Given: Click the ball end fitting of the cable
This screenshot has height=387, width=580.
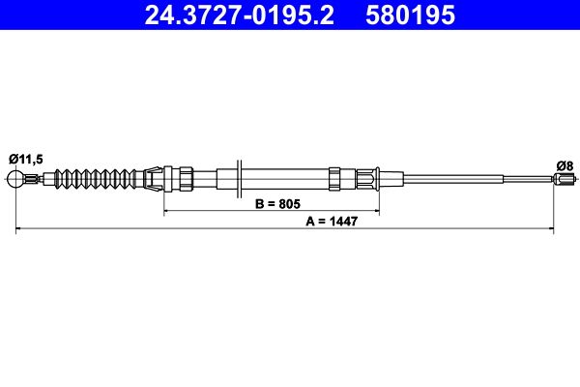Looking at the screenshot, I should (x=15, y=178).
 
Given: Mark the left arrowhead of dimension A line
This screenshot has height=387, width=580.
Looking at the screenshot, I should (x=19, y=230).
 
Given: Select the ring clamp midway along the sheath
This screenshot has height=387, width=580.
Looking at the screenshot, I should (x=333, y=178).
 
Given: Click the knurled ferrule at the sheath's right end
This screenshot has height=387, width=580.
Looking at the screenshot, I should (x=366, y=178).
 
